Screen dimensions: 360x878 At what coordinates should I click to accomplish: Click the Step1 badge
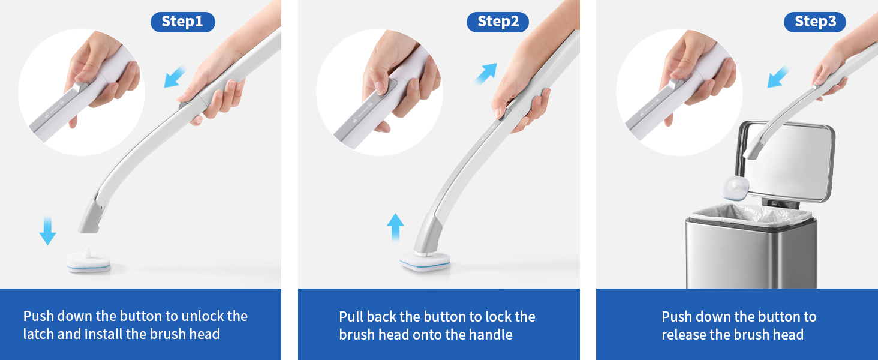(182, 22)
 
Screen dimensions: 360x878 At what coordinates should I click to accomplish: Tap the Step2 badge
(498, 22)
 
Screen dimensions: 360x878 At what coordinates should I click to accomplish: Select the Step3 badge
(815, 22)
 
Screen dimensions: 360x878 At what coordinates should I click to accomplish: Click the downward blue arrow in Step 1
(47, 231)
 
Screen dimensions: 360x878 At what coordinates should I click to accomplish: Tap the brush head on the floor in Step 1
(89, 262)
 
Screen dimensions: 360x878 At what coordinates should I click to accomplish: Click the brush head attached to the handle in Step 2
(425, 261)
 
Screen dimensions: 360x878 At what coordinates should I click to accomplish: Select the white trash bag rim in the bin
(750, 212)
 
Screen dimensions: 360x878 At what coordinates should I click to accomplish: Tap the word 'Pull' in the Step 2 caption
(351, 317)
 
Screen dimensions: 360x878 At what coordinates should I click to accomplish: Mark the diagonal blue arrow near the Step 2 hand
(487, 73)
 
